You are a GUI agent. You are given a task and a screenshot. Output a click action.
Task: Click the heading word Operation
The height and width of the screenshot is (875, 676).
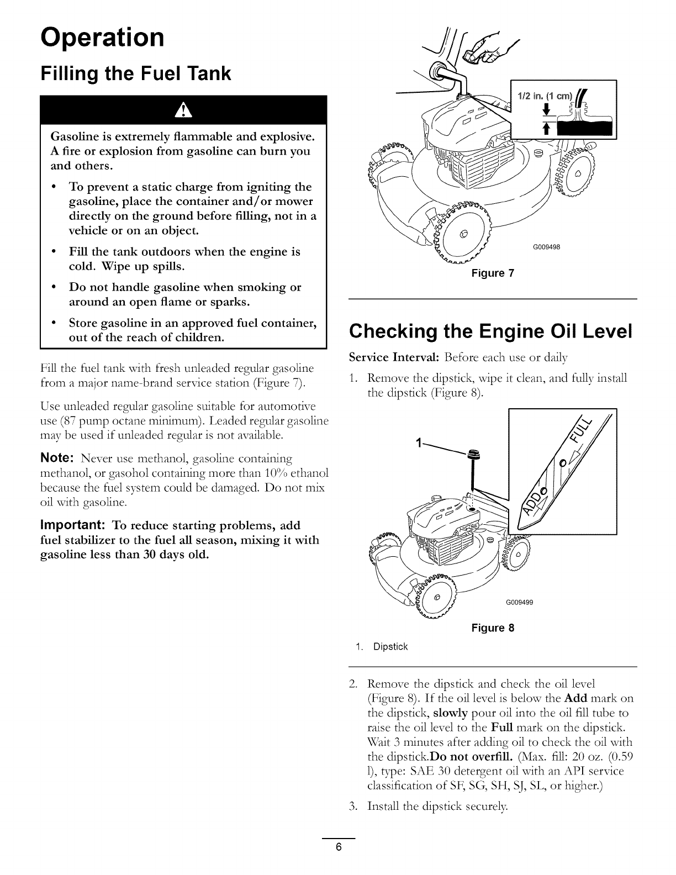102,38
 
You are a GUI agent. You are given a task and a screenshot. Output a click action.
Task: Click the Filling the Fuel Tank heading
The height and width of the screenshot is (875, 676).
136,73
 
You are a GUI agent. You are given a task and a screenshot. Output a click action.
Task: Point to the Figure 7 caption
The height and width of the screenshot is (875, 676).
493,273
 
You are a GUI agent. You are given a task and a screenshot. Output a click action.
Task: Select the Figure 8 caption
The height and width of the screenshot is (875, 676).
493,628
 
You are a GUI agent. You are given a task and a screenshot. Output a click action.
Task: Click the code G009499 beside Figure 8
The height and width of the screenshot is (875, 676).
519,602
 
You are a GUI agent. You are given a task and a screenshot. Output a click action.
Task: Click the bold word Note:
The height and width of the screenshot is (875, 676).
58,459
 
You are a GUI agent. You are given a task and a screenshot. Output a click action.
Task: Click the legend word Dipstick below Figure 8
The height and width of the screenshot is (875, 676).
390,646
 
